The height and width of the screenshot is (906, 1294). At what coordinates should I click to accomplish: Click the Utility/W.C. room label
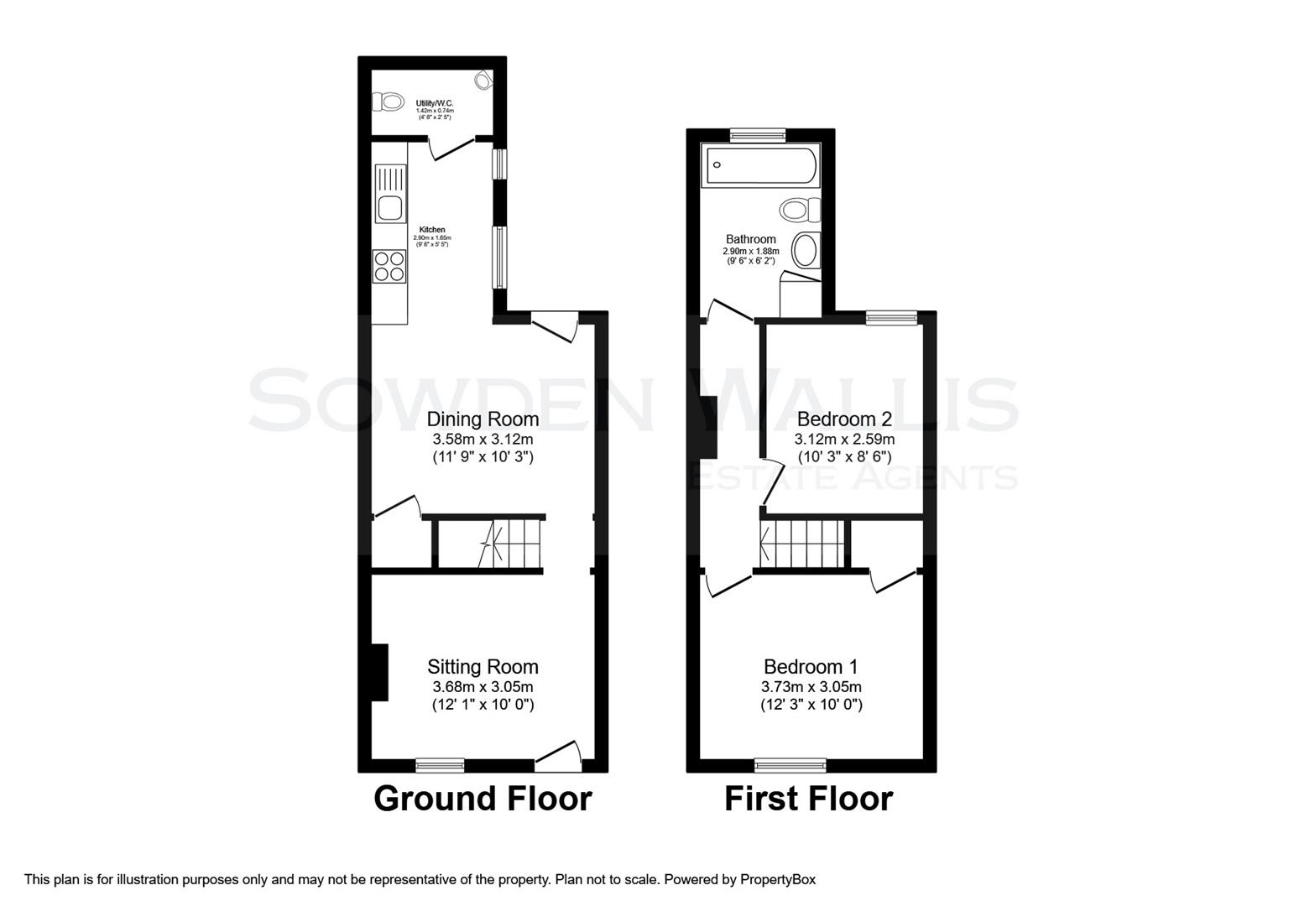pos(435,103)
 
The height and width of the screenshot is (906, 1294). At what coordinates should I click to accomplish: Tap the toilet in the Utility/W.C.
pos(389,102)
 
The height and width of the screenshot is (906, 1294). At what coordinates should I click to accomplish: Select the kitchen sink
pos(389,206)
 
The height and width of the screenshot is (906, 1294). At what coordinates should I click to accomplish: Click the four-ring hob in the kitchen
pos(389,265)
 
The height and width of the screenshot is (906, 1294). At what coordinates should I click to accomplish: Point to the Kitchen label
pos(432,230)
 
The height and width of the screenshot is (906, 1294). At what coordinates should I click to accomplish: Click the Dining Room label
pos(483,419)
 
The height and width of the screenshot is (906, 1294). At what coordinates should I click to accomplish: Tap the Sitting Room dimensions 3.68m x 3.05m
pos(483,686)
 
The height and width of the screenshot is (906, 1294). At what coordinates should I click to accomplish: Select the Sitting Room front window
pos(440,764)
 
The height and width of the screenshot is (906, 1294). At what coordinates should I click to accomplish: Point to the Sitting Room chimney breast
pos(380,672)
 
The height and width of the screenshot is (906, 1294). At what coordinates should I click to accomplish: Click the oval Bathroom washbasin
pos(806,250)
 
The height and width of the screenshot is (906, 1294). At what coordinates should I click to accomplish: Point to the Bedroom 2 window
pos(891,317)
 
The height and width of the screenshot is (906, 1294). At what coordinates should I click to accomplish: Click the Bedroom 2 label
pos(844,419)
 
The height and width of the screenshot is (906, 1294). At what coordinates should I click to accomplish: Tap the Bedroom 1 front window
pos(790,764)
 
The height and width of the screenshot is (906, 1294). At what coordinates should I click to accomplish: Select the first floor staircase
pos(802,543)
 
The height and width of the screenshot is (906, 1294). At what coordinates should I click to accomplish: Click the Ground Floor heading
pos(483,799)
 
